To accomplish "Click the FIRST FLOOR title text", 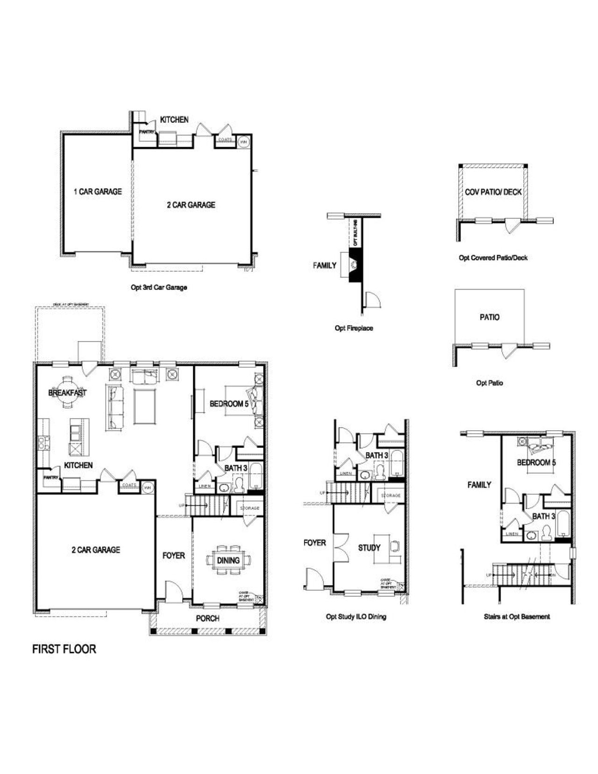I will point(64,649).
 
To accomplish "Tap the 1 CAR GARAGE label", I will point(98,192).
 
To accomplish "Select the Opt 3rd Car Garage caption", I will point(159,287).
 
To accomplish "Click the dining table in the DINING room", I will point(228,560).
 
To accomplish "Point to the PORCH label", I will point(207,618).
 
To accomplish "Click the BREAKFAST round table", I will point(68,393).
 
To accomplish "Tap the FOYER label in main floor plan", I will point(173,555).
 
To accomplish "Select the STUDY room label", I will point(369,547).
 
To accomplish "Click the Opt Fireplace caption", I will point(354,328).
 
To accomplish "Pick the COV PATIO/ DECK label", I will point(493,192).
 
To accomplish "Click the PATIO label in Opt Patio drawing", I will point(489,317).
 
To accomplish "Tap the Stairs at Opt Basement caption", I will point(517,617).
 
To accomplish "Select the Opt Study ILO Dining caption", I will point(356,617).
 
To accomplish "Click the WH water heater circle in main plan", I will point(148,488).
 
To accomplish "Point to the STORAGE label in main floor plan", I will point(250,508).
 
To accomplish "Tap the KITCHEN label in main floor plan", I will point(78,465).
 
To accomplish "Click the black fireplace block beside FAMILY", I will point(355,265).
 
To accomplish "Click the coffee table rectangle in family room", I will point(144,405).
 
